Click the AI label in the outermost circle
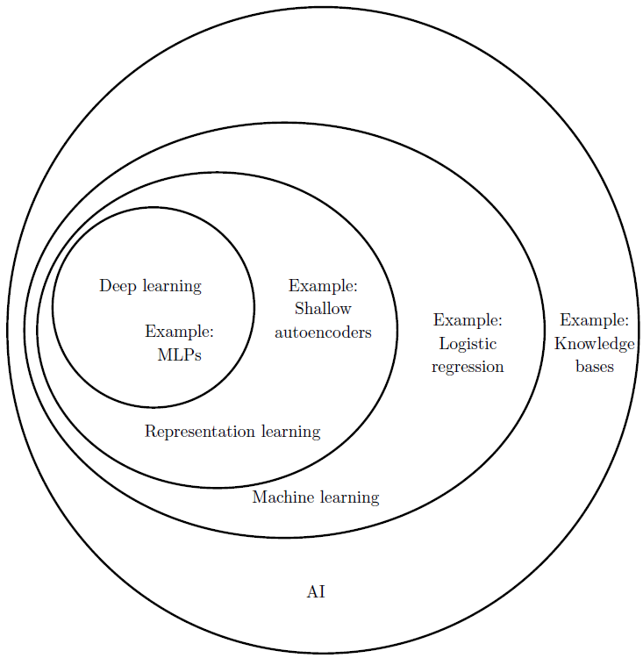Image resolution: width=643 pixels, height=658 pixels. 316,592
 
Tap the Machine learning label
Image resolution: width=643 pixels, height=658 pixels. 316,497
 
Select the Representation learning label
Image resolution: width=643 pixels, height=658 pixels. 232,432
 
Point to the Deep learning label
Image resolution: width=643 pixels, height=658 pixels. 150,286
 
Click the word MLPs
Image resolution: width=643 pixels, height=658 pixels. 179,354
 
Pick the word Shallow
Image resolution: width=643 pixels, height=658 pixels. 323,309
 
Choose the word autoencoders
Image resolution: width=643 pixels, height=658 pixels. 323,333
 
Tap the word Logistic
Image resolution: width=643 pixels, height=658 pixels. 468,343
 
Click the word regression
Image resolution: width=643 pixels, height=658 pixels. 468,367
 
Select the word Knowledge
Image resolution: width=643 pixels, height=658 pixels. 595,343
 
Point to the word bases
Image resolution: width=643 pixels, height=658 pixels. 595,367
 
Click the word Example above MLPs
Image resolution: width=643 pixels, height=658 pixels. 179,332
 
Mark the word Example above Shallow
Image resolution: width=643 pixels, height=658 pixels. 323,286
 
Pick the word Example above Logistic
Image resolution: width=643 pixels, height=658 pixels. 468,320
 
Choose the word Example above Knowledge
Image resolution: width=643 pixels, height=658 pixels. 595,320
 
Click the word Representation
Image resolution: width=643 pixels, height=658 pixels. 200,432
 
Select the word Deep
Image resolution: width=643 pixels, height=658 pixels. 118,286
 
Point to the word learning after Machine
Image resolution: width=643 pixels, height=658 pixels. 348,497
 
